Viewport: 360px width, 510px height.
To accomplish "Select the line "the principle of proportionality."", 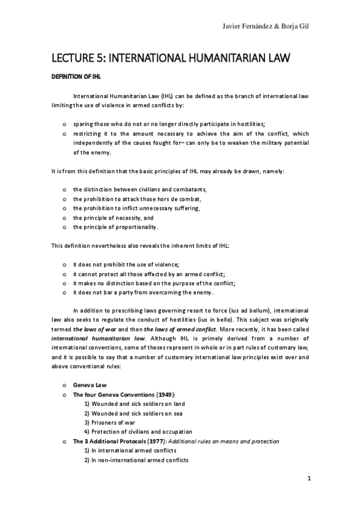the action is (115, 227).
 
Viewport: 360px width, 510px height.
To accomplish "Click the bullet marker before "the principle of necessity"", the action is (64, 218).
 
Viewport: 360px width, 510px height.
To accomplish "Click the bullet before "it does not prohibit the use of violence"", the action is (64, 265).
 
